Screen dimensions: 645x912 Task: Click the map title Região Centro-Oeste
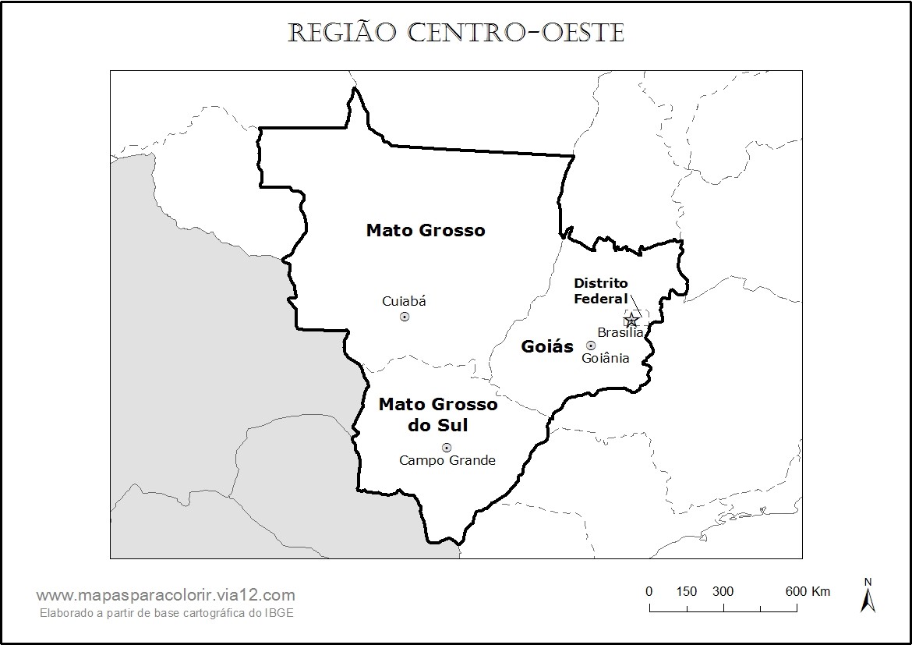click(456, 34)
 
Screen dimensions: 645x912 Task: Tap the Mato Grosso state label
click(426, 230)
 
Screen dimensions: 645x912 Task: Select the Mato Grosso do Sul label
click(438, 415)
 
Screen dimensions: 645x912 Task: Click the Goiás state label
click(547, 347)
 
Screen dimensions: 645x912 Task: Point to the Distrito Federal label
click(601, 291)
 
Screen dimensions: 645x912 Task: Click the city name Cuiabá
click(404, 301)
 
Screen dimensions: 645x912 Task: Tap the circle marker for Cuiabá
click(405, 317)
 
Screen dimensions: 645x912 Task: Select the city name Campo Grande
click(447, 460)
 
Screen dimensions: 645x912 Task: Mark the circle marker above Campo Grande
click(447, 448)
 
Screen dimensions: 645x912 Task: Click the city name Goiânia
click(606, 358)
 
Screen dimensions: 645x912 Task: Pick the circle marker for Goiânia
click(591, 346)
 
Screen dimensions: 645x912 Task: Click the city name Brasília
click(620, 333)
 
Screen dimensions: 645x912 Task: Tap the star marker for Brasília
click(631, 320)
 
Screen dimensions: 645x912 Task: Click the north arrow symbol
click(868, 596)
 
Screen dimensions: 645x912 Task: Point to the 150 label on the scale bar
click(687, 591)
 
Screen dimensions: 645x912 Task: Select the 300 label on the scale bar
click(723, 591)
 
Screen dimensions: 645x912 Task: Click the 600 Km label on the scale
click(808, 591)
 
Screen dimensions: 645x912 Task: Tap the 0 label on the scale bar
click(649, 591)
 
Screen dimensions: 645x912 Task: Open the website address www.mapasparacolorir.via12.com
click(165, 595)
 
